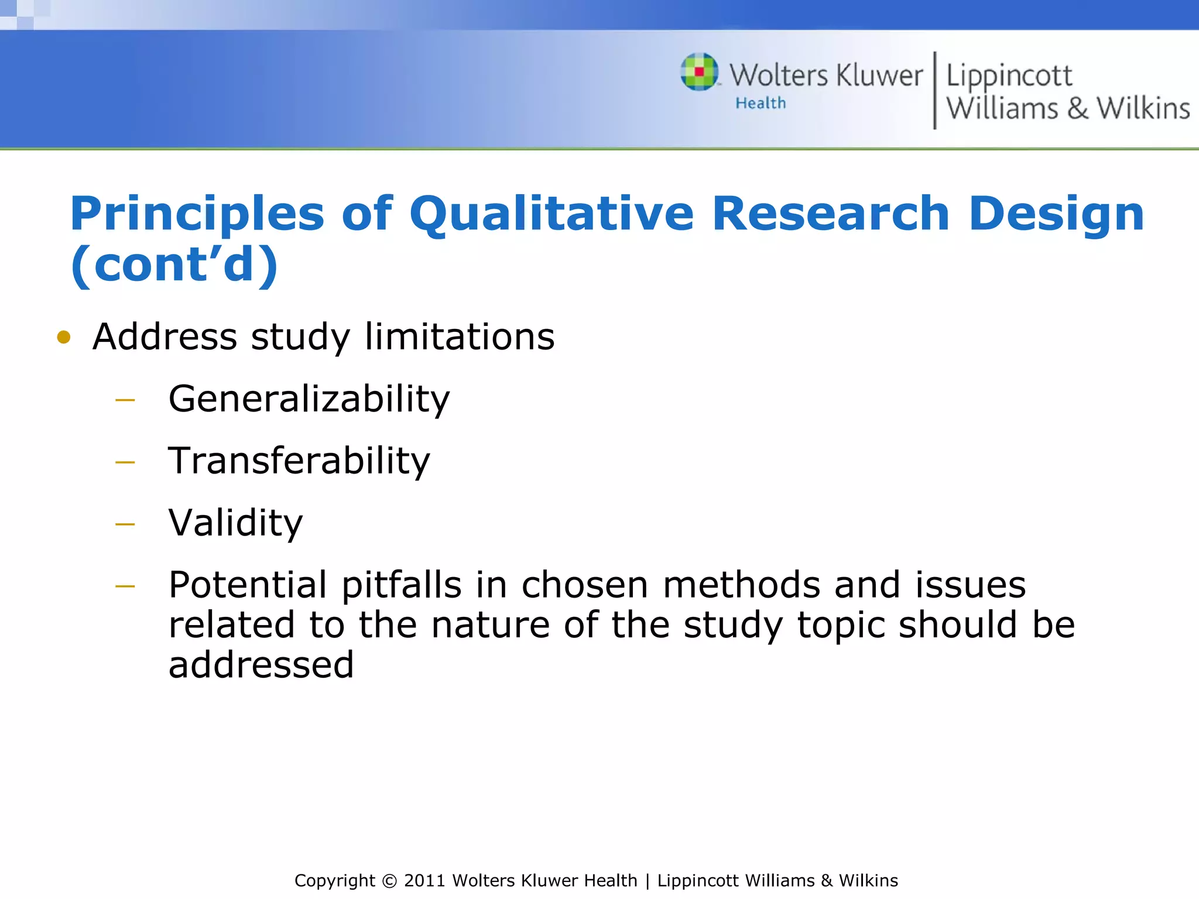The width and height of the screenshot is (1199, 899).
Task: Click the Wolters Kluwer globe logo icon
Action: click(x=699, y=72)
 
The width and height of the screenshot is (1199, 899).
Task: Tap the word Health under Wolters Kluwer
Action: click(x=760, y=104)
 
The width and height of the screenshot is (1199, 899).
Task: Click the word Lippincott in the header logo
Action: click(x=1009, y=76)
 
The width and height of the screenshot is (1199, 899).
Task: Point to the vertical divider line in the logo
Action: click(x=935, y=91)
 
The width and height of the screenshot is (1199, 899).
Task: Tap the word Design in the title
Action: click(x=1056, y=214)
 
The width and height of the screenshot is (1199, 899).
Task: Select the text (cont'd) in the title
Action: click(x=174, y=265)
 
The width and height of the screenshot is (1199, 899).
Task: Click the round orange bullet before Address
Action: click(x=64, y=337)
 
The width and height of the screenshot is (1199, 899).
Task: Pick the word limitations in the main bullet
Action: click(x=460, y=337)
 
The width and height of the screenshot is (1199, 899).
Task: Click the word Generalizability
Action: click(x=309, y=399)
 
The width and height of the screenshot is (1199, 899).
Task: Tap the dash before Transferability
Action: click(x=125, y=462)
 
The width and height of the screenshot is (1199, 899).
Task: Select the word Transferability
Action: click(x=299, y=461)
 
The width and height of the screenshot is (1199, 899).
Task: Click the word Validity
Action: click(x=235, y=523)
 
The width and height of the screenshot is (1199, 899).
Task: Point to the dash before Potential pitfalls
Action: click(x=125, y=586)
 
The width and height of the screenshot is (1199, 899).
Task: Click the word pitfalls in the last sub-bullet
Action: click(x=402, y=585)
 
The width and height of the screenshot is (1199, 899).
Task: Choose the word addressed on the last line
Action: click(x=261, y=665)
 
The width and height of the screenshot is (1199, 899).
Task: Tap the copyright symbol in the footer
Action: click(x=389, y=881)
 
